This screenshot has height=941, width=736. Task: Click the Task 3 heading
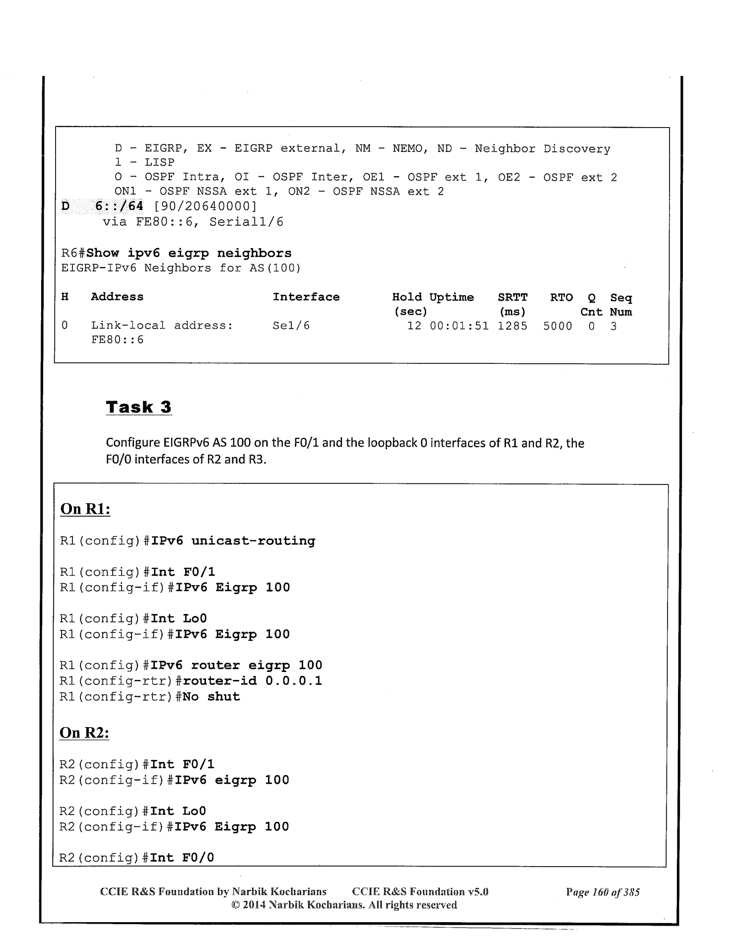(138, 407)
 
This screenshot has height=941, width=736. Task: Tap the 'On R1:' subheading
(85, 509)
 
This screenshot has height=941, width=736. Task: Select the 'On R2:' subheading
(84, 733)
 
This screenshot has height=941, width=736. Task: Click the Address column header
(117, 297)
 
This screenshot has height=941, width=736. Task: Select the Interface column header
(306, 297)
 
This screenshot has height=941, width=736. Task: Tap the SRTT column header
(512, 297)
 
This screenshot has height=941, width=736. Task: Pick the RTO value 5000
(557, 326)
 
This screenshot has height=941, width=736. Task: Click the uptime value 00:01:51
(459, 326)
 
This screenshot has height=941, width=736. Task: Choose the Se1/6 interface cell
(291, 326)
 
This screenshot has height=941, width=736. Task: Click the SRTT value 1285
(512, 326)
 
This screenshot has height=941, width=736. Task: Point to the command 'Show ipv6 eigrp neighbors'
(189, 253)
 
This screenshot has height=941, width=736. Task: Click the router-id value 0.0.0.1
(293, 680)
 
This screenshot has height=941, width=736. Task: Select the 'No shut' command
(211, 696)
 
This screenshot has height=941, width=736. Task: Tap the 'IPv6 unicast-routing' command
(233, 540)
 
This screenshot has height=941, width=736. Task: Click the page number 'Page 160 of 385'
(602, 892)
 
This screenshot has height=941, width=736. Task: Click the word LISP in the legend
(159, 162)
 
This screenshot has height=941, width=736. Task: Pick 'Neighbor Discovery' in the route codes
(542, 149)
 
